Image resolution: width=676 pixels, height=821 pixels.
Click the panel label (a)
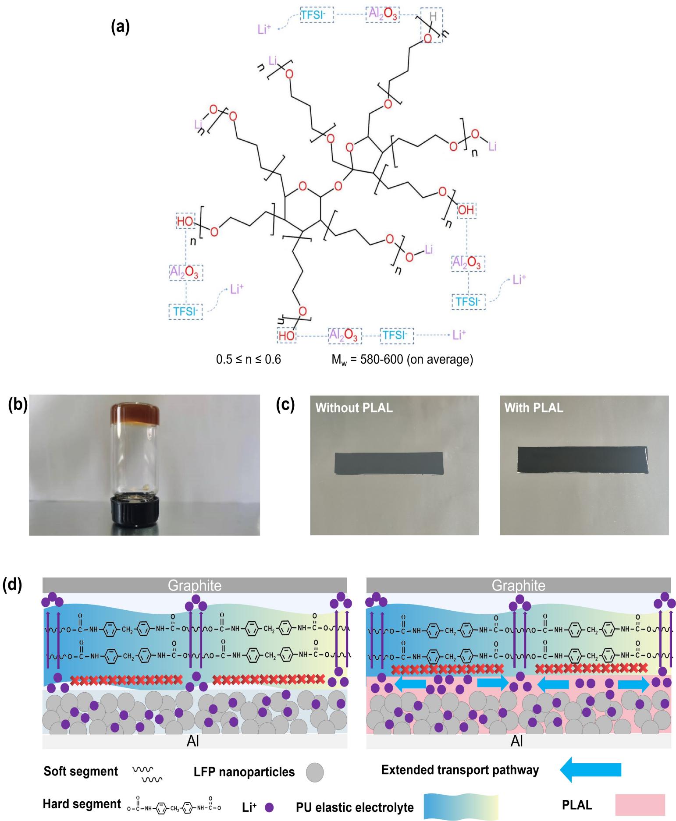pos(120,27)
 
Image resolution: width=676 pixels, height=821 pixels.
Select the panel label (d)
pos(13,586)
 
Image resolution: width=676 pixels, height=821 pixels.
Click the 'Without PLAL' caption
pos(354,408)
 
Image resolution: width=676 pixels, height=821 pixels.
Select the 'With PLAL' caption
pos(534,408)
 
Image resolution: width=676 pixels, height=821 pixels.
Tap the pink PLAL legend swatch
pos(640,805)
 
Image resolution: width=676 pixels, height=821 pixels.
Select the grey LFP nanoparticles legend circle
pos(314,772)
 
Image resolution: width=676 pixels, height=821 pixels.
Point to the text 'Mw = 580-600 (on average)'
pos(402,360)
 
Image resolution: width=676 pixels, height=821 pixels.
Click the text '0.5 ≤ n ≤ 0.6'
pos(248,360)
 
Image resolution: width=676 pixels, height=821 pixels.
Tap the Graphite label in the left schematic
pos(195,585)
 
